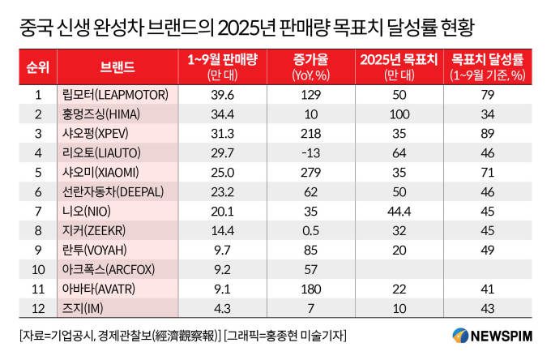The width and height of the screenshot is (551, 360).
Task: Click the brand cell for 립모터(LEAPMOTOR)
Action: pos(116,95)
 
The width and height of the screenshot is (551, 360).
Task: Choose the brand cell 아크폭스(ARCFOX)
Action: pos(109,269)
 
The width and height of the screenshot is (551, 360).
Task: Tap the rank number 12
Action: pos(37,307)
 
